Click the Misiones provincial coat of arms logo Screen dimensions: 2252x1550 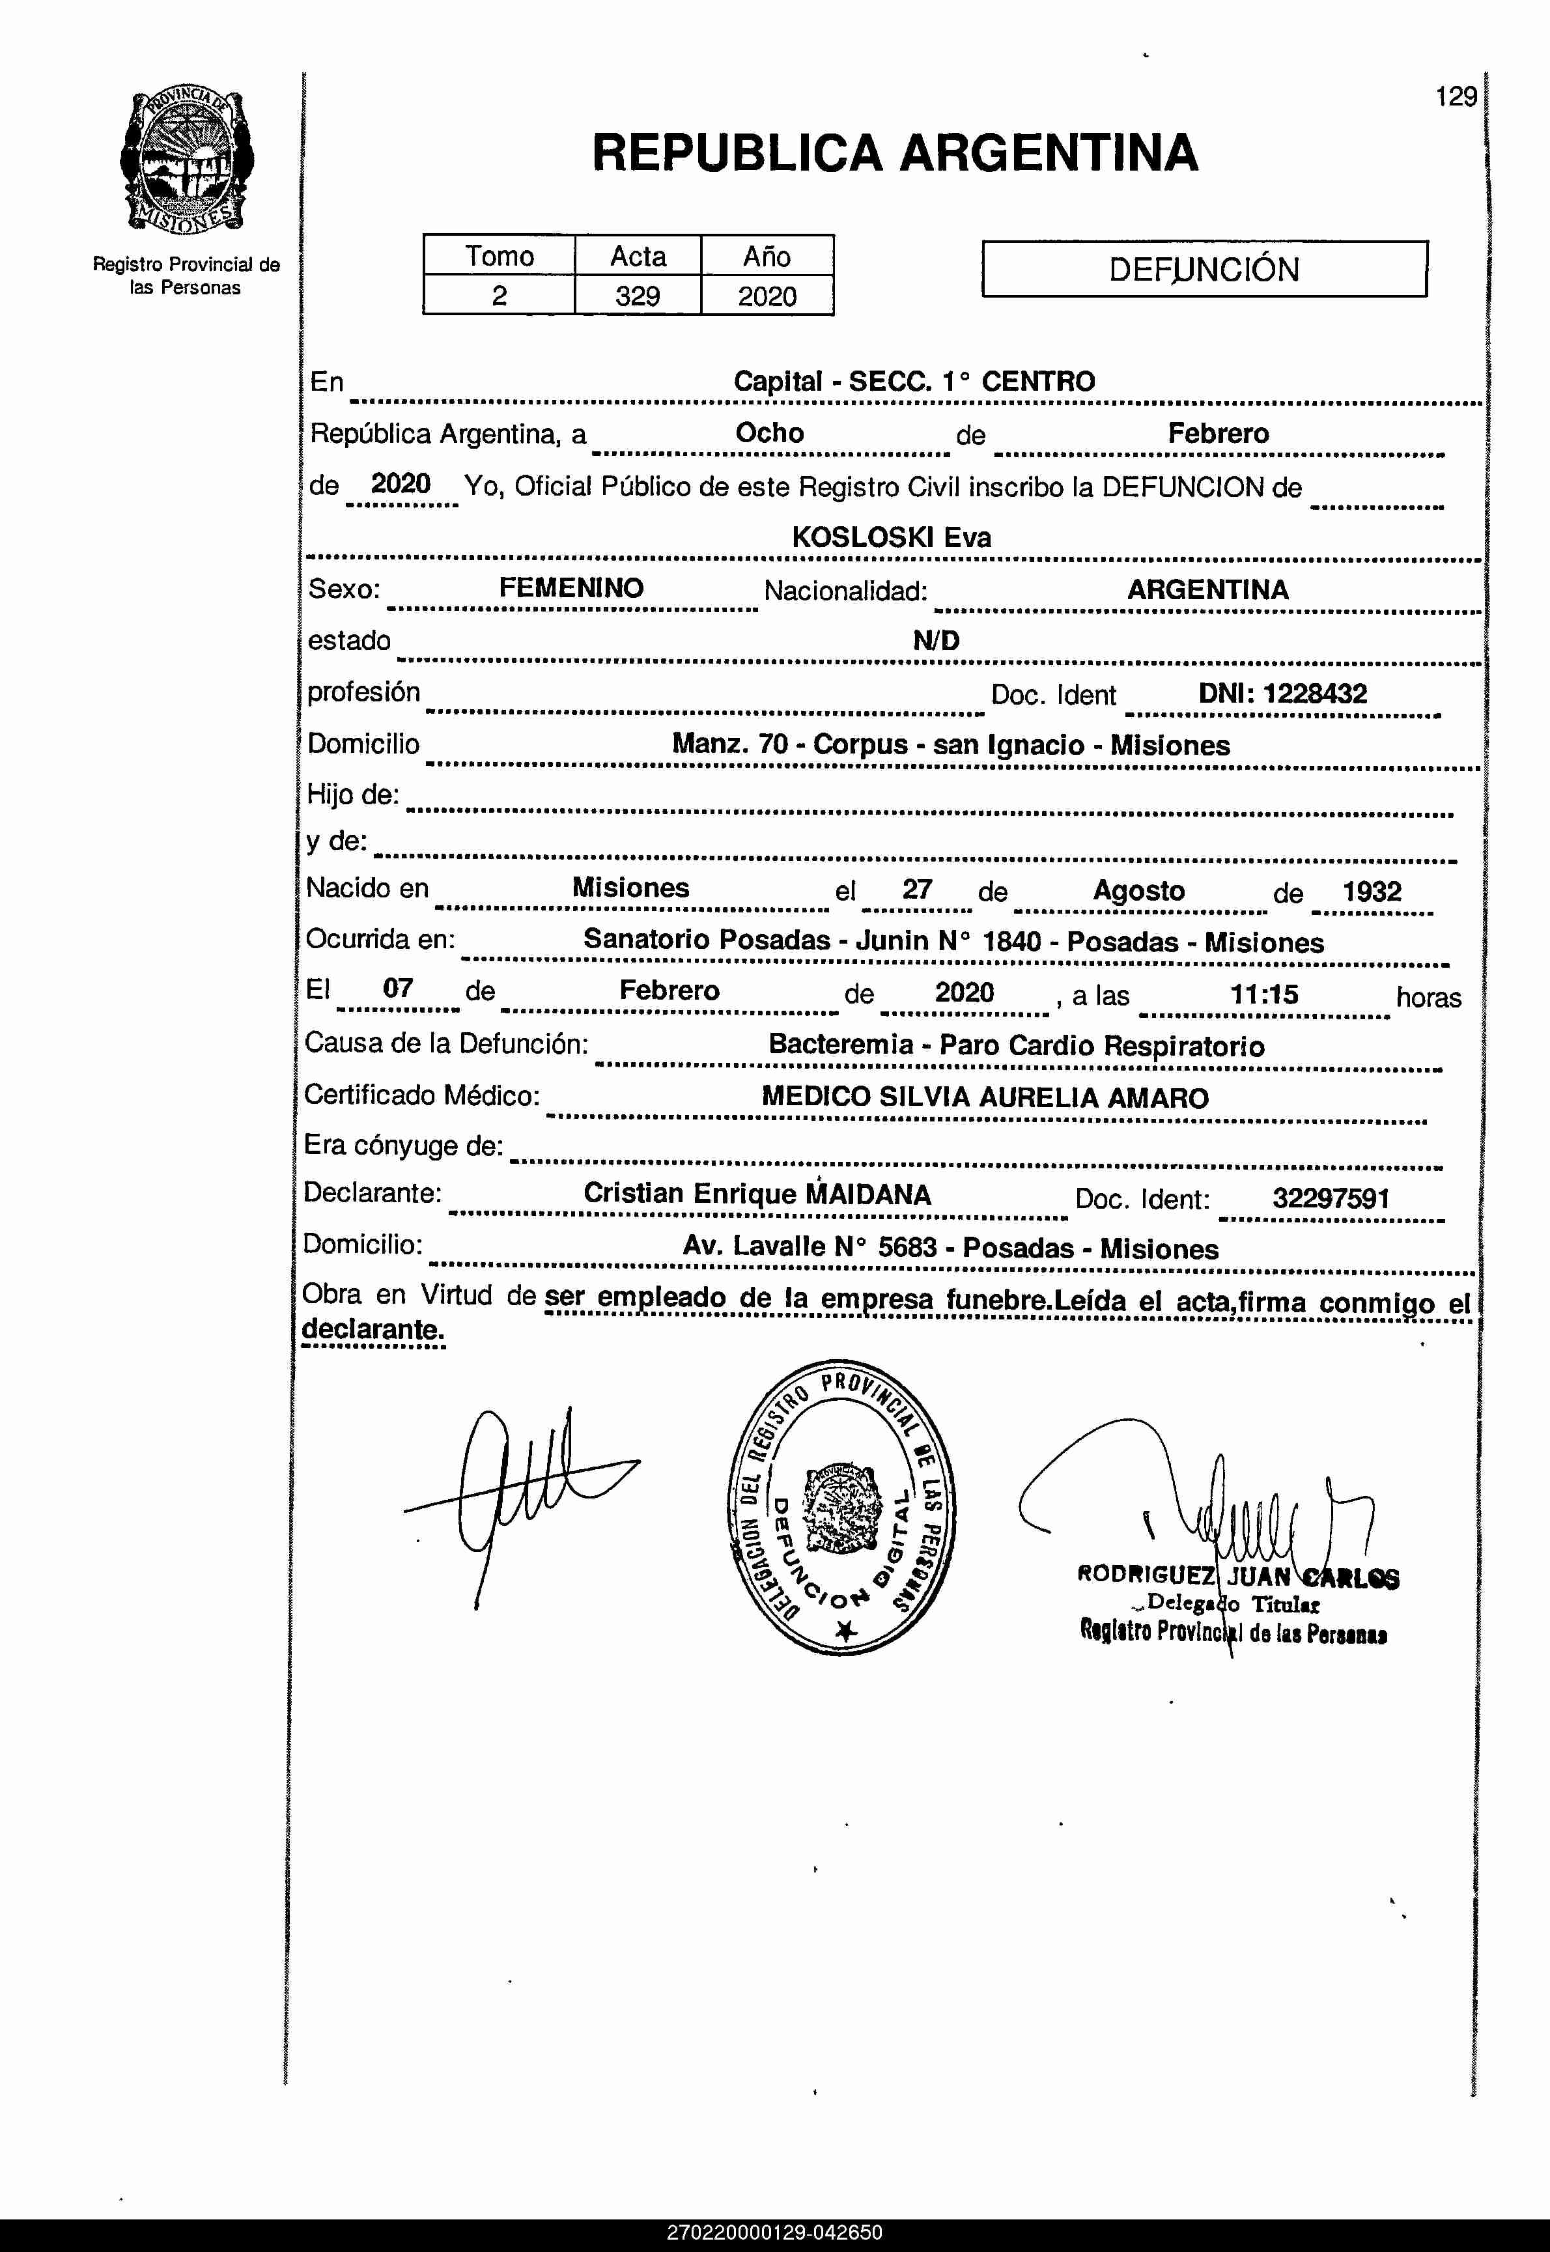186,160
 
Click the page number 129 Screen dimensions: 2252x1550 1455,97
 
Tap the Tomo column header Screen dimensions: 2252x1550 499,257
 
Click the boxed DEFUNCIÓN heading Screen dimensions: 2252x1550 1204,269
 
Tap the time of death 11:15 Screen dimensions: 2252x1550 1263,994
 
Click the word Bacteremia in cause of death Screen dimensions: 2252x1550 840,1044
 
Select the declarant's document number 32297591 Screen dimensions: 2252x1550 1331,1198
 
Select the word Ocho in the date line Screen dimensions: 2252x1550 769,433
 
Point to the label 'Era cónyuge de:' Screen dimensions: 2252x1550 403,1146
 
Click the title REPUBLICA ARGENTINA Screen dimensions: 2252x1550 894,154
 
